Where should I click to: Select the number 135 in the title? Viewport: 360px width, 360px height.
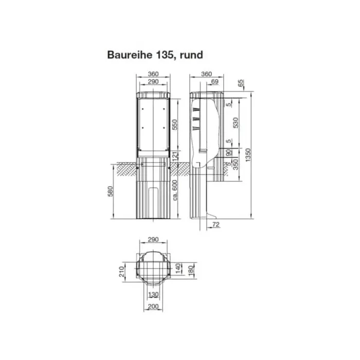point(161,54)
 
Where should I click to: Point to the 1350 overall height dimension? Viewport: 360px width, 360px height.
point(248,156)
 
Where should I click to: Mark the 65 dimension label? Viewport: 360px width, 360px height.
point(241,83)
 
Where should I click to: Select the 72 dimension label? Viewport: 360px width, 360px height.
point(215,225)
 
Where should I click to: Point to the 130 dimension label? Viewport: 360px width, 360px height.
point(153,295)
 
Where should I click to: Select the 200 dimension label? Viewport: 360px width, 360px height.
point(153,307)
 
